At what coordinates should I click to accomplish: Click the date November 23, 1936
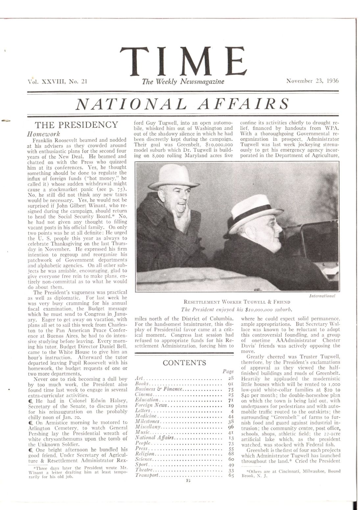312,81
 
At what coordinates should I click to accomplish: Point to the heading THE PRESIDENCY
76,125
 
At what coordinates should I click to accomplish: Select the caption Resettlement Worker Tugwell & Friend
237,302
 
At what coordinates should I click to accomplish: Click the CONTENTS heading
184,363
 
